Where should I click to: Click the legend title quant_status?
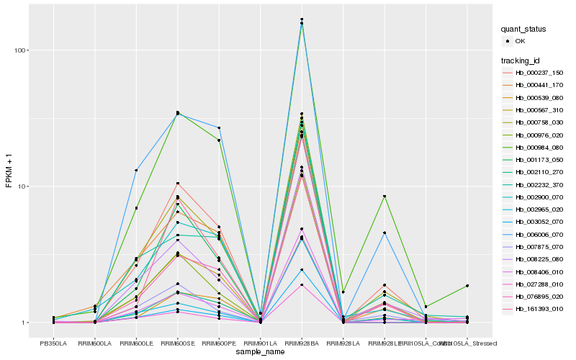click(x=524, y=29)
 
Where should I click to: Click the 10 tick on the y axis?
click(x=22, y=186)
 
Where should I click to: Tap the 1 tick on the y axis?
click(x=24, y=323)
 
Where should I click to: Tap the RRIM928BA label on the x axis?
click(x=302, y=343)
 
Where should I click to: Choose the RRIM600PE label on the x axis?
click(x=219, y=343)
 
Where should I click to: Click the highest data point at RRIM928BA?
click(x=302, y=19)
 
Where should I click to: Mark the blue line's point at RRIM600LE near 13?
click(x=136, y=171)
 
